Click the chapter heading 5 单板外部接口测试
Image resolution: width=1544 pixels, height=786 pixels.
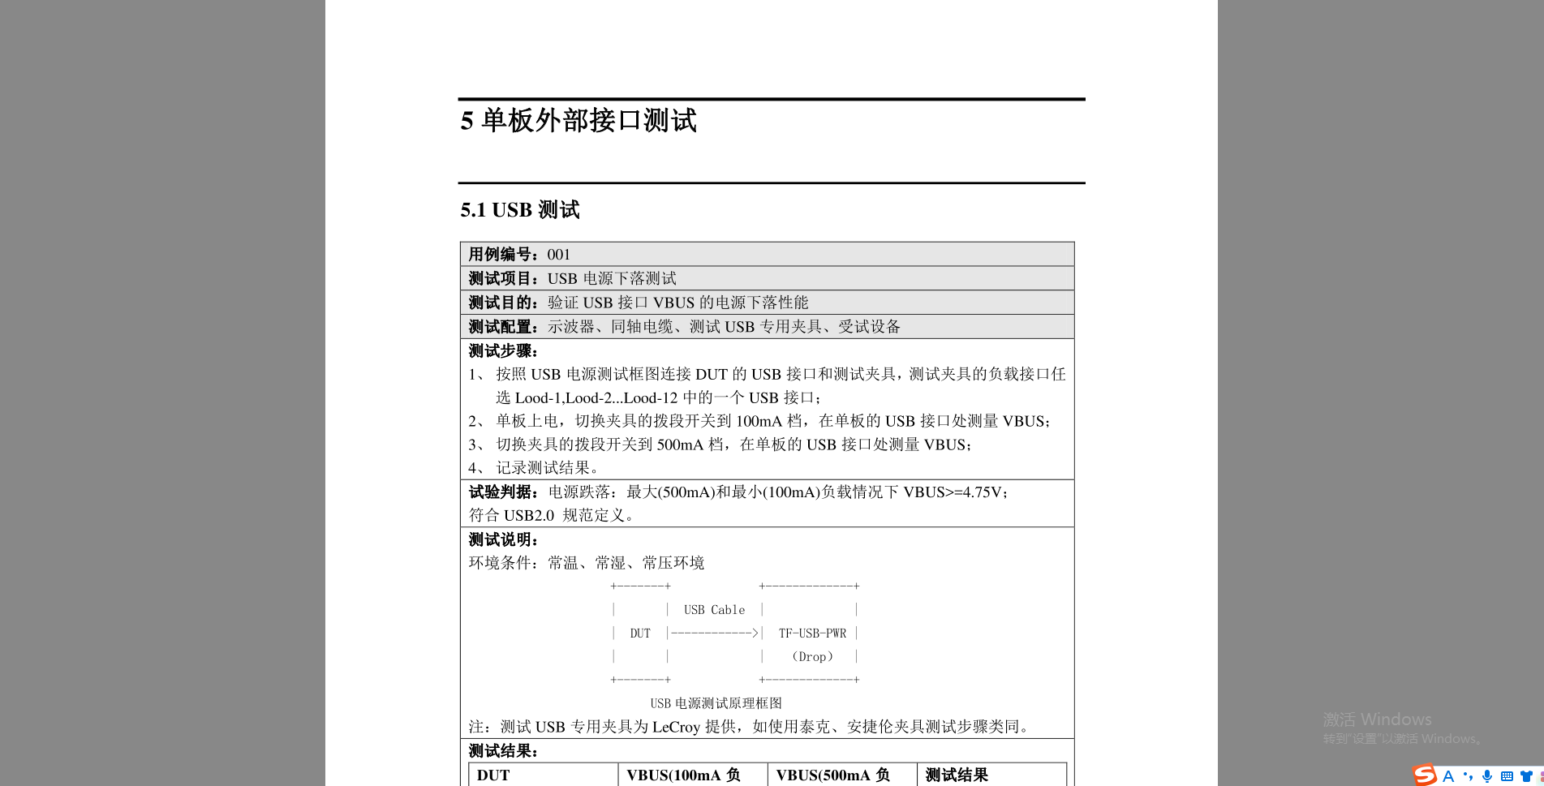[x=578, y=121]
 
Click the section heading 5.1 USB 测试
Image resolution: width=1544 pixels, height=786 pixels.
[x=520, y=210]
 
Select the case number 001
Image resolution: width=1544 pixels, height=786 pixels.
[x=558, y=255]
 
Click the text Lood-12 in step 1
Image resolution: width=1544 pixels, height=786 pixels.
[x=650, y=398]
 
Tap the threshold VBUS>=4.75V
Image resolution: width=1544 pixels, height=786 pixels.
[x=953, y=492]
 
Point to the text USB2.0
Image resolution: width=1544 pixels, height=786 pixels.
[x=529, y=516]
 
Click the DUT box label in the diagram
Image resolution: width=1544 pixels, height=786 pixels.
[x=640, y=634]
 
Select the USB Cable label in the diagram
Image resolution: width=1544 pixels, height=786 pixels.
[x=714, y=610]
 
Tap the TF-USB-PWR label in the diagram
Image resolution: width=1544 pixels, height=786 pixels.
[x=812, y=634]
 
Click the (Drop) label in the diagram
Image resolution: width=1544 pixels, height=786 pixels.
[x=812, y=657]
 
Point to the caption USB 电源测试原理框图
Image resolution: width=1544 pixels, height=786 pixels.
[x=716, y=703]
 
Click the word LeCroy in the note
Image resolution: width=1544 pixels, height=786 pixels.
[x=676, y=728]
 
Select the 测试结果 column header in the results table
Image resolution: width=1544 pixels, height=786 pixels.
[x=957, y=775]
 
